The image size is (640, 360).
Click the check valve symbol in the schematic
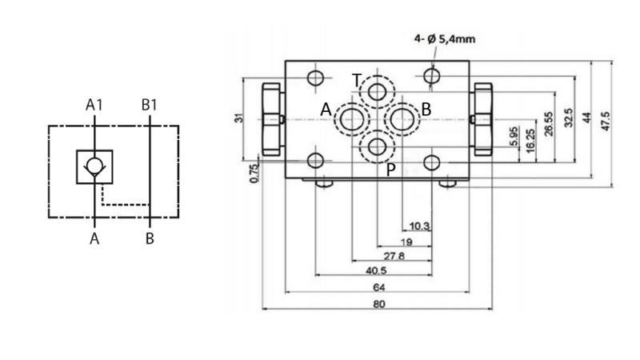[95, 167]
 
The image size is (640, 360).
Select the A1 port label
[95, 104]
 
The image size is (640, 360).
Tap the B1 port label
[150, 104]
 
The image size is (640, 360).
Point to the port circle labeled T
[376, 92]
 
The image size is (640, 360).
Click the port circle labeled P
[376, 146]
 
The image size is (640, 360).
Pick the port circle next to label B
[402, 119]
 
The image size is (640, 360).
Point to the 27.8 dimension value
[394, 256]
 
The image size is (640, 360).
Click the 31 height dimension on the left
[238, 118]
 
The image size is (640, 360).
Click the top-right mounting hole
[433, 76]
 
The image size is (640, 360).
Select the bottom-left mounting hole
[317, 161]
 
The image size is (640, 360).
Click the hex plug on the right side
[482, 118]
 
